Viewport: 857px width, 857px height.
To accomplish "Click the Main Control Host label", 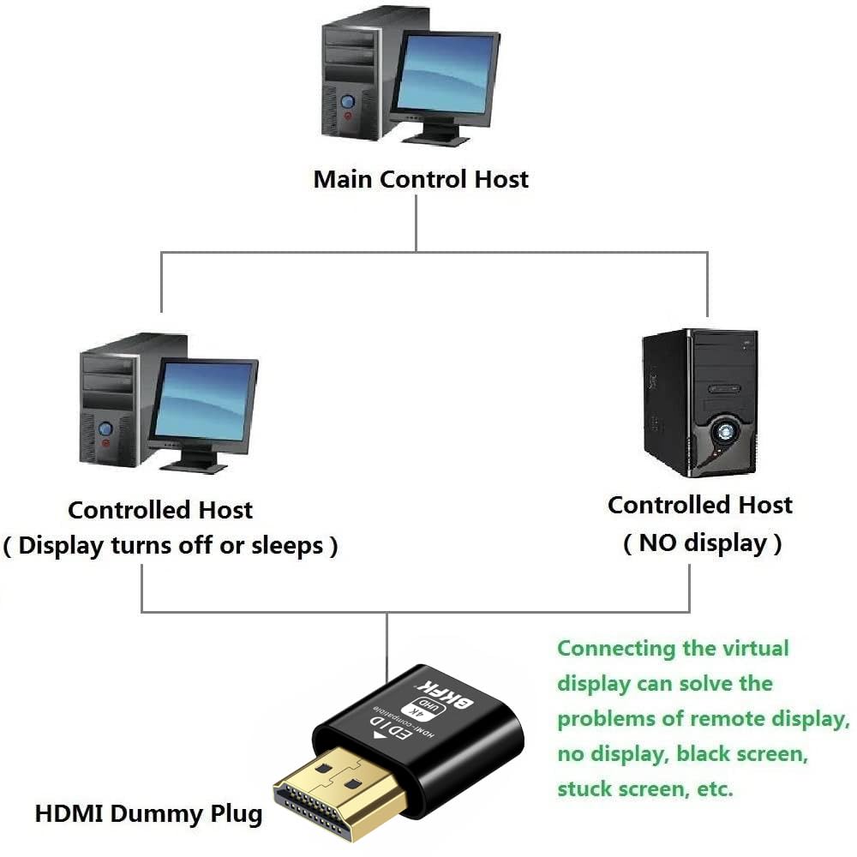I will (x=421, y=179).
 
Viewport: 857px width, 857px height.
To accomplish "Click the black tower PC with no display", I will (x=699, y=403).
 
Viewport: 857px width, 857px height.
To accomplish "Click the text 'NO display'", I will (x=702, y=542).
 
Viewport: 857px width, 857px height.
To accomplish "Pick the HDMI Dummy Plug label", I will (x=148, y=812).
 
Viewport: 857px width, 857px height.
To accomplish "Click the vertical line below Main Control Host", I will (x=417, y=224).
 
